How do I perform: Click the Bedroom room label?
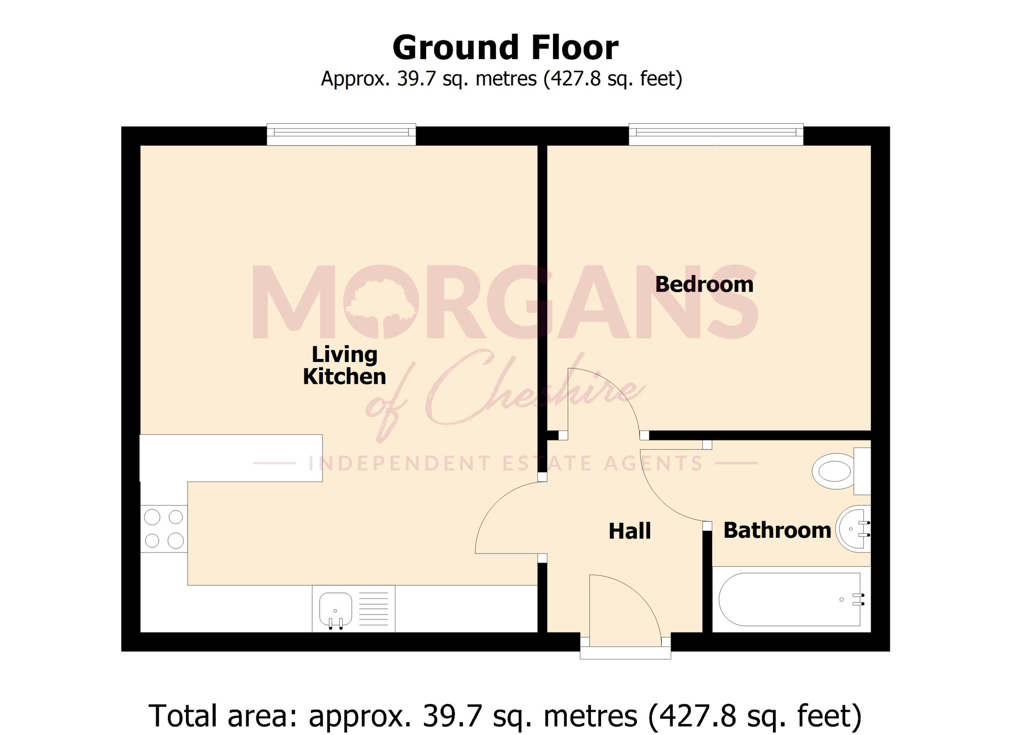pos(704,285)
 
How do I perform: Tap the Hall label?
pos(629,531)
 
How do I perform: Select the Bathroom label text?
pos(777,530)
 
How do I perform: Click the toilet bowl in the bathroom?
pos(834,471)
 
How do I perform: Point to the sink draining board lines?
pos(374,609)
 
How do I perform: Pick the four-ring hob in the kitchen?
pos(164,529)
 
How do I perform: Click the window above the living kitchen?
pos(341,134)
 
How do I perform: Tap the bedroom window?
pos(716,134)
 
